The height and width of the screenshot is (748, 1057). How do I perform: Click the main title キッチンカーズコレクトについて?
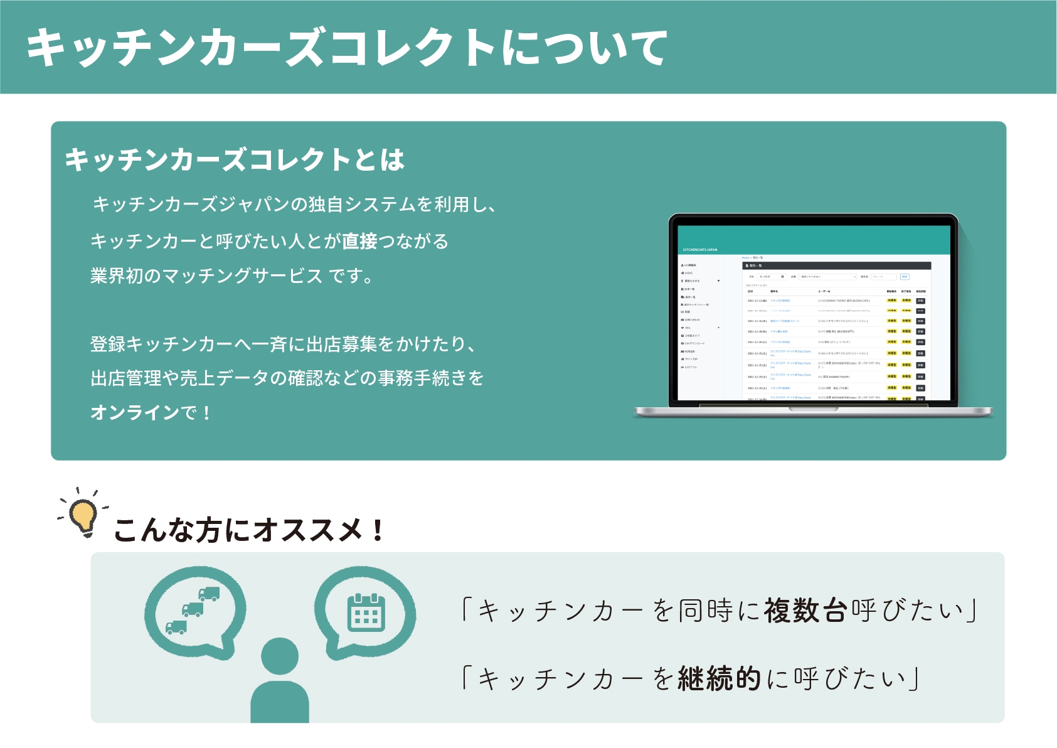pos(346,48)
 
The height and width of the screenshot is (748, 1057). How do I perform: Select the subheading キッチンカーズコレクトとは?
pos(235,159)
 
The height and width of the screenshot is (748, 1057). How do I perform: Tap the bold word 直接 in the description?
pos(359,241)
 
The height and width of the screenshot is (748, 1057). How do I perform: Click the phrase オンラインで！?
pos(151,412)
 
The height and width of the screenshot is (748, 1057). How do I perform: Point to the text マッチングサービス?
pos(242,275)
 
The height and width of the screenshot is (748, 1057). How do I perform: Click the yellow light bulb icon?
pos(82,515)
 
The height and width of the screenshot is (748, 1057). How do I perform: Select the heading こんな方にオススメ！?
pos(248,530)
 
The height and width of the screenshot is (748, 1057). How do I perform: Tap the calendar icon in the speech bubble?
pos(366,612)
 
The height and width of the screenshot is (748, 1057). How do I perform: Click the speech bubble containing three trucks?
pos(194,612)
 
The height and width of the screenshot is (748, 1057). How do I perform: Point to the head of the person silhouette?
pos(280,656)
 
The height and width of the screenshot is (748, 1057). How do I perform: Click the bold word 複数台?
pos(805,611)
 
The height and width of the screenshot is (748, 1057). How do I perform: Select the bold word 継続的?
pos(720,678)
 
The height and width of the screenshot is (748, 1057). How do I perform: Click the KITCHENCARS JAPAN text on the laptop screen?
pos(699,250)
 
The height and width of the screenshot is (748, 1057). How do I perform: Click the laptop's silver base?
pos(814,412)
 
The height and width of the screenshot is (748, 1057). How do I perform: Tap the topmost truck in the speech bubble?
pos(209,594)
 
